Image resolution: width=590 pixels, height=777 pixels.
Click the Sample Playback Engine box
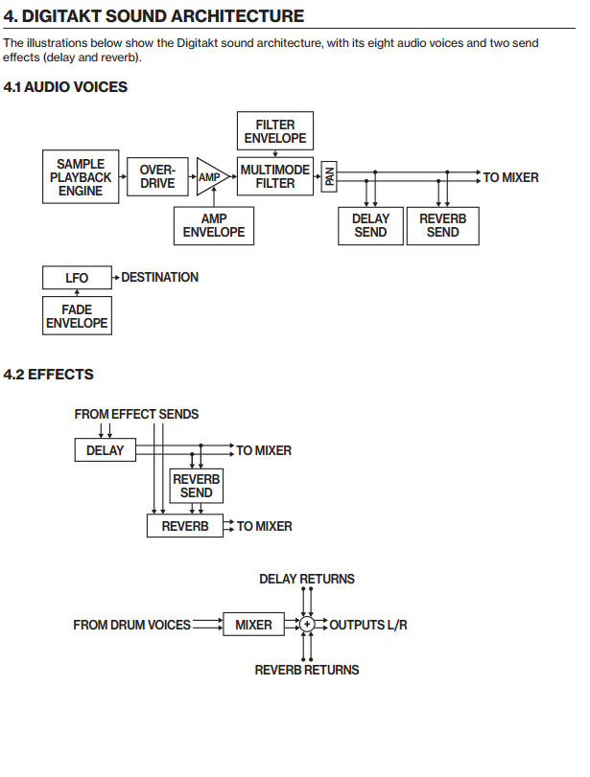coord(80,177)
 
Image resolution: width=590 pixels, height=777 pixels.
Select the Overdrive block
coord(156,177)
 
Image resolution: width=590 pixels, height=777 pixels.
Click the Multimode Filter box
coord(275,176)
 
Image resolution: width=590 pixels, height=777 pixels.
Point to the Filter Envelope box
coord(275,131)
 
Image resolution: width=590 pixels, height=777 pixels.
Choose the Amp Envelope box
coord(214,225)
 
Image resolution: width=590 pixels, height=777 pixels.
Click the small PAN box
coord(329,177)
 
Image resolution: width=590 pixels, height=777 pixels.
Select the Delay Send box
coord(370,225)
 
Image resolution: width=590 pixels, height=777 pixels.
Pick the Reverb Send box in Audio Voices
coord(442,225)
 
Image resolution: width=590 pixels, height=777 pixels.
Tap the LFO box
coord(77,278)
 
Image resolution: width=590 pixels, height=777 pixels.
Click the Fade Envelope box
coord(77,316)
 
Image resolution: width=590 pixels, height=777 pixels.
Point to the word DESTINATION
coord(159,277)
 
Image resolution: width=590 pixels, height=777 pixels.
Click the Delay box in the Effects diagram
coord(105,450)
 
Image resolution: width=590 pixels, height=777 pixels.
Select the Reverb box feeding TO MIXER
coord(184,526)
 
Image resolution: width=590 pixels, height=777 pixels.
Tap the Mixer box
coord(253,625)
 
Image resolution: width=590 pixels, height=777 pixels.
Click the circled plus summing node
coord(307,625)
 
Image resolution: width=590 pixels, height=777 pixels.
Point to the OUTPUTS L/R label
coord(368,625)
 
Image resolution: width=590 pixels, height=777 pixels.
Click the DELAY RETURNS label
coord(307,579)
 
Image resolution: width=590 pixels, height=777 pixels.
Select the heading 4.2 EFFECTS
coord(49,375)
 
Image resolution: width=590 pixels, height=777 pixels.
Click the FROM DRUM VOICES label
coord(131,625)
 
